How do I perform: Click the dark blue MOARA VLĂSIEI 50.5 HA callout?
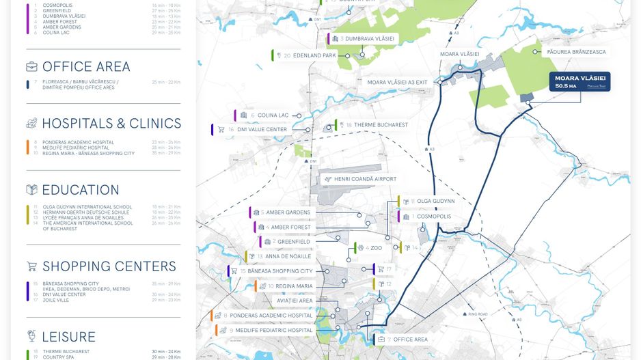pos(579,82)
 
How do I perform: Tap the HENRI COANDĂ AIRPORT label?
pos(365,179)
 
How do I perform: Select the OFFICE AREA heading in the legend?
pos(86,67)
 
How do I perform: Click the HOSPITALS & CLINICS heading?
pos(111,124)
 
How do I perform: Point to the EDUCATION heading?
pos(81,190)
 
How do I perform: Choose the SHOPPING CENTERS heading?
pos(109,266)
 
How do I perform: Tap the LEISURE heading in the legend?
pos(68,337)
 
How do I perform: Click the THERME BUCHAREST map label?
pos(377,125)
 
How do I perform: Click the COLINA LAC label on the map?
pos(273,115)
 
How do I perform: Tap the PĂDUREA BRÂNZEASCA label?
pos(576,52)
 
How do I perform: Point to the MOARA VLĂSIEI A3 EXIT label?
pos(397,82)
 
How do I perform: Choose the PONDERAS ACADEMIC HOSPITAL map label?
pos(271,316)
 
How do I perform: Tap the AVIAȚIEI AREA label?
pos(295,301)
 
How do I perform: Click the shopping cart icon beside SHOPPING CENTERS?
pos(31,266)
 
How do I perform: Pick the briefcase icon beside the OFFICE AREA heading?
pos(31,67)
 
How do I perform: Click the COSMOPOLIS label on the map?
pos(431,217)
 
